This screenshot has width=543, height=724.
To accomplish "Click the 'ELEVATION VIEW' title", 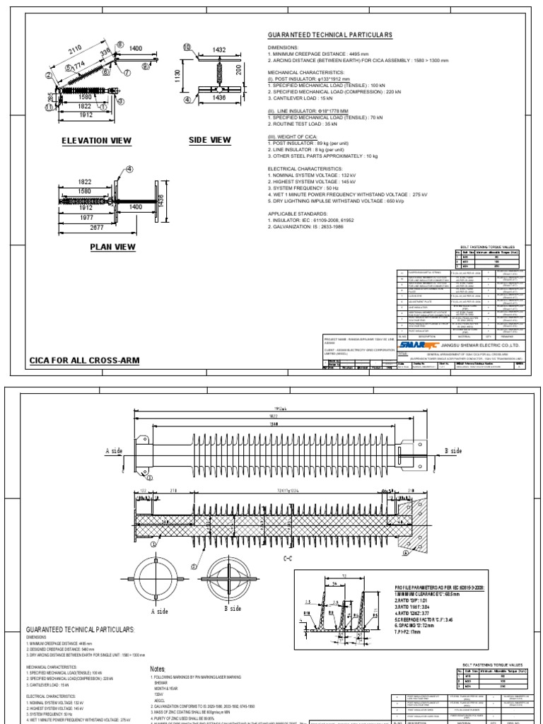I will pyautogui.click(x=98, y=141).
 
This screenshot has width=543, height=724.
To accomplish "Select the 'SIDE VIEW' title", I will pyautogui.click(x=210, y=139).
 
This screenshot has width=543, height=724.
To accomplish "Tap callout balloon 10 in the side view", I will pyautogui.click(x=187, y=47).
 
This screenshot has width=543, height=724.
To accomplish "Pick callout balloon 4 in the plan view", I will pyautogui.click(x=129, y=169).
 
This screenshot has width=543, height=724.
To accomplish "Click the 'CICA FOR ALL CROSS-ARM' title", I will pyautogui.click(x=84, y=360).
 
